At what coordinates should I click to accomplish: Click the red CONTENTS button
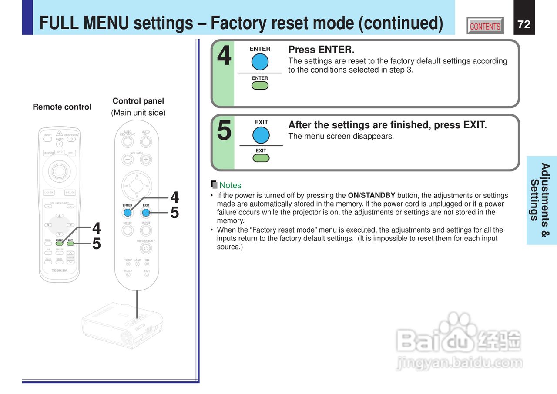point(485,26)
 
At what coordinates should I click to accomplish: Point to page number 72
point(524,24)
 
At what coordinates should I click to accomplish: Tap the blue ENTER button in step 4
point(260,62)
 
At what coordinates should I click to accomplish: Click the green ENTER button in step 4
point(260,85)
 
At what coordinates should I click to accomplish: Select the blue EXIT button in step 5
point(261,135)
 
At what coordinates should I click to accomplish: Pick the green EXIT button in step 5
point(261,157)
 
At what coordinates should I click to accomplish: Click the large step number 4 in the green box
point(224,57)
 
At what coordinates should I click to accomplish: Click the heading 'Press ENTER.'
point(321,50)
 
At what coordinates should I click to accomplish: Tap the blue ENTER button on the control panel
point(128,213)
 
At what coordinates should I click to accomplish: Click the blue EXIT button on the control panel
point(146,213)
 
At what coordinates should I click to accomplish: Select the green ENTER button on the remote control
point(60,244)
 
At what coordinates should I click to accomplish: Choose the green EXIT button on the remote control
point(70,244)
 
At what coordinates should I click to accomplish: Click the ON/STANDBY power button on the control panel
point(146,248)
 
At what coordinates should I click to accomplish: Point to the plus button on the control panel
point(146,160)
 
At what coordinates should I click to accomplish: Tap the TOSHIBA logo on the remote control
point(60,270)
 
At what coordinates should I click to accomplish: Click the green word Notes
point(230,185)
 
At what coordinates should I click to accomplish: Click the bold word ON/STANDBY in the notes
point(372,195)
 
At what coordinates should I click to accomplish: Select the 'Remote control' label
point(62,107)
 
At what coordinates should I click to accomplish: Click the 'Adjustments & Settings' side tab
point(541,200)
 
